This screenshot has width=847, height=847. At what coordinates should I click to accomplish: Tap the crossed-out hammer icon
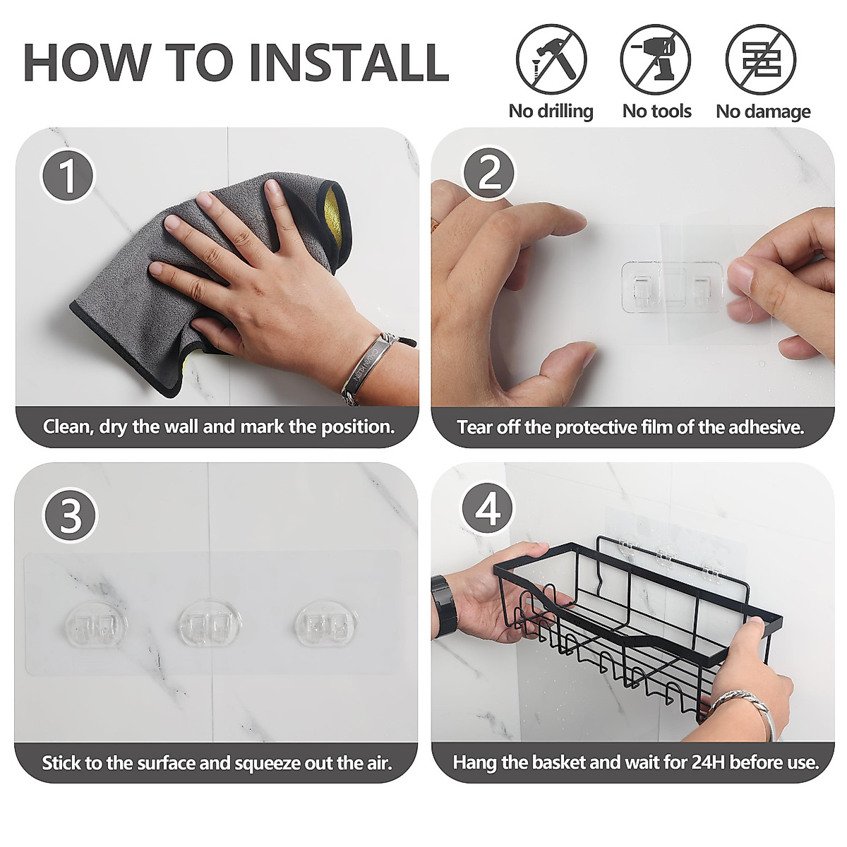(551, 59)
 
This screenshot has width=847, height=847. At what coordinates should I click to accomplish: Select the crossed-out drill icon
(655, 59)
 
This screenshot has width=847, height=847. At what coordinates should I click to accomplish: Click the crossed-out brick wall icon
(760, 59)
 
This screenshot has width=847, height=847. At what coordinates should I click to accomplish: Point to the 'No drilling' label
(551, 112)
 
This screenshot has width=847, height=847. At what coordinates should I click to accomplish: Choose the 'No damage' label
(763, 112)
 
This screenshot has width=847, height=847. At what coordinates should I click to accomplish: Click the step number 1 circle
(68, 176)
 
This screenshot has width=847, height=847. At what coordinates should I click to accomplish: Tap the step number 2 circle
(489, 173)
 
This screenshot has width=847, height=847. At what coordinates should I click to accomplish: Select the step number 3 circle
(70, 515)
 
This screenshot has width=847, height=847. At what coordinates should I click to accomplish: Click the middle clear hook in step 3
(210, 624)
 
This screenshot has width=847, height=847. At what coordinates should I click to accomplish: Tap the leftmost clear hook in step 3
(96, 624)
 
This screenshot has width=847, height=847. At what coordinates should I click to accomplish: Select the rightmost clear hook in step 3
(325, 624)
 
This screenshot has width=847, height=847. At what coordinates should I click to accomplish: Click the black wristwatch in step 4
(445, 606)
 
